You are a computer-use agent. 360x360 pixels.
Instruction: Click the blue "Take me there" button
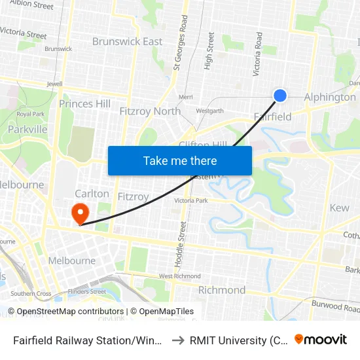pyautogui.click(x=180, y=160)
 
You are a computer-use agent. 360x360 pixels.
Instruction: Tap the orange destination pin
pyautogui.click(x=80, y=213)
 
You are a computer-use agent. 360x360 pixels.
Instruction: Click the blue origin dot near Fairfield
pyautogui.click(x=280, y=96)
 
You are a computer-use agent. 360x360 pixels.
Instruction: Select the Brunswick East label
pyautogui.click(x=127, y=41)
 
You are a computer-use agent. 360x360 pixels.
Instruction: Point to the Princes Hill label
pyautogui.click(x=84, y=103)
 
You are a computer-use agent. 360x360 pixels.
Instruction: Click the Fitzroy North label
pyautogui.click(x=150, y=111)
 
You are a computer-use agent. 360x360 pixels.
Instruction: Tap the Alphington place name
pyautogui.click(x=330, y=97)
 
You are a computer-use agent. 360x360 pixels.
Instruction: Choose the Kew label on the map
pyautogui.click(x=340, y=207)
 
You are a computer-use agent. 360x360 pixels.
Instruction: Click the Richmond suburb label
pyautogui.click(x=221, y=290)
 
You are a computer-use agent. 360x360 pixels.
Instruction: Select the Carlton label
pyautogui.click(x=87, y=194)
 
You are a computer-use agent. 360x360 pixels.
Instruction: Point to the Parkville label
pyautogui.click(x=27, y=129)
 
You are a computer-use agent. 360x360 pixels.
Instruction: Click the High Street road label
pyautogui.click(x=209, y=51)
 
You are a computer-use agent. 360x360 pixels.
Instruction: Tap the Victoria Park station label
pyautogui.click(x=190, y=200)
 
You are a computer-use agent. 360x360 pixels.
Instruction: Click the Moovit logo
pyautogui.click(x=321, y=339)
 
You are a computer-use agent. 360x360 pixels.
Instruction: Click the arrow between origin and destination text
pyautogui.click(x=176, y=340)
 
